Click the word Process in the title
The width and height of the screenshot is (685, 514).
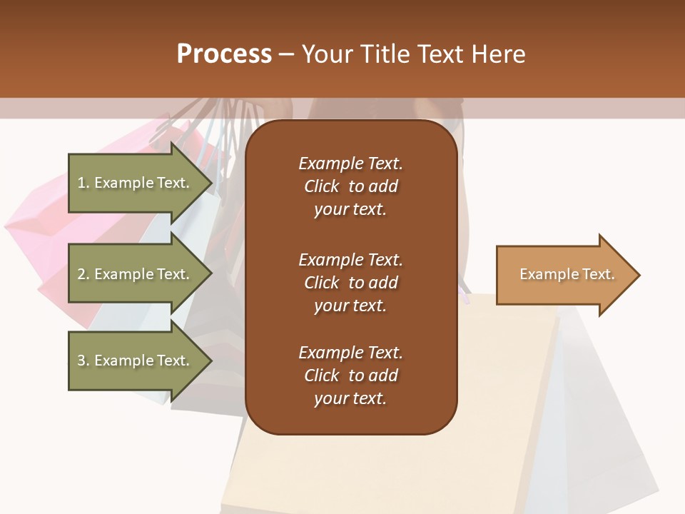(224, 54)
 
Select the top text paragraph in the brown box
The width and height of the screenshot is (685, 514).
(350, 186)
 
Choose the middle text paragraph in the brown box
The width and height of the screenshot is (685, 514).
(350, 283)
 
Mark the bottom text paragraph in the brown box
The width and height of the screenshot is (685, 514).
(350, 376)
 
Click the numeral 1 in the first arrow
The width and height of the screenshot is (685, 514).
(81, 183)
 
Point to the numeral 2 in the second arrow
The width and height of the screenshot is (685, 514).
(81, 274)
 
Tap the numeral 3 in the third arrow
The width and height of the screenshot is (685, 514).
(81, 361)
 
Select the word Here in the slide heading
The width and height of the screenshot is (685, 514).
(499, 54)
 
